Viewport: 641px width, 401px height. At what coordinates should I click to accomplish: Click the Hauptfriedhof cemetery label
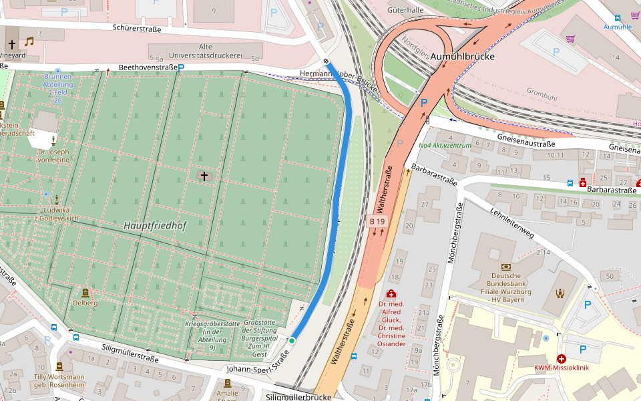(x=155, y=226)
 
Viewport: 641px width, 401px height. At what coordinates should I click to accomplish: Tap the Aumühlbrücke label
(x=462, y=57)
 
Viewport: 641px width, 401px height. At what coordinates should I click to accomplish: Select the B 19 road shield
(x=377, y=221)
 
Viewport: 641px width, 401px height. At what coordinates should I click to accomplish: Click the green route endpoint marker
(x=292, y=341)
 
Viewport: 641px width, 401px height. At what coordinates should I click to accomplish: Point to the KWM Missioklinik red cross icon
(x=561, y=358)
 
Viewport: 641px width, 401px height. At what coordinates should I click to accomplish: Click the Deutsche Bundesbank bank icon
(x=505, y=266)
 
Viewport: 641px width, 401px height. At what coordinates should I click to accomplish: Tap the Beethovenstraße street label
(x=148, y=68)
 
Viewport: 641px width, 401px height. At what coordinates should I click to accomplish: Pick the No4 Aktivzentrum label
(x=445, y=145)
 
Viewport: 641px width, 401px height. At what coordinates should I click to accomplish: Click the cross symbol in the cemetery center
(x=204, y=176)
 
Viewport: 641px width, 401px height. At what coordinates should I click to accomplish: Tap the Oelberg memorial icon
(x=85, y=292)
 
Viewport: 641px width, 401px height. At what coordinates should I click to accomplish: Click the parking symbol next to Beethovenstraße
(x=180, y=68)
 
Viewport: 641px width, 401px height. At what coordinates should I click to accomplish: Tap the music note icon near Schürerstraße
(x=29, y=41)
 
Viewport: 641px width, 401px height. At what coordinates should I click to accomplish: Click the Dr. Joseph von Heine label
(x=53, y=156)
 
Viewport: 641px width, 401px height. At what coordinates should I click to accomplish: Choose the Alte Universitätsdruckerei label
(x=215, y=51)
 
